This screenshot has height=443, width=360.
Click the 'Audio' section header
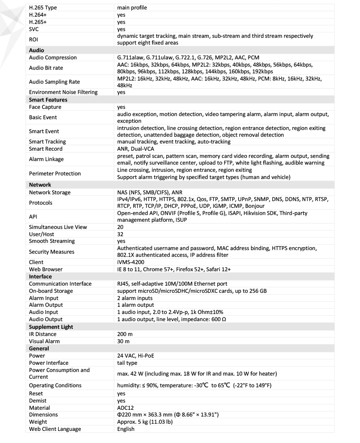[x=36, y=50]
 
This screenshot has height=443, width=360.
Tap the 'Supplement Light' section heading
[x=51, y=327]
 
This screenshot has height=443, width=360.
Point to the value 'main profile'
[x=132, y=8]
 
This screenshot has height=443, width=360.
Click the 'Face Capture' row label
[x=45, y=107]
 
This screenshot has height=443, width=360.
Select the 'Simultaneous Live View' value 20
[x=120, y=227]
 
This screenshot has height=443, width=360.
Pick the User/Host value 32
[x=120, y=234]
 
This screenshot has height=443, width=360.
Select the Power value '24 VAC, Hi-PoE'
[x=137, y=356]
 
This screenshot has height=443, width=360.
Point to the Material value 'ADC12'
[x=126, y=407]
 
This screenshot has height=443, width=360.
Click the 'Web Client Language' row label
[x=55, y=429]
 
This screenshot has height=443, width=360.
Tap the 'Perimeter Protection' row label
[x=54, y=174]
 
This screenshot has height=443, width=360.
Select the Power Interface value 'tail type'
[x=127, y=363]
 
